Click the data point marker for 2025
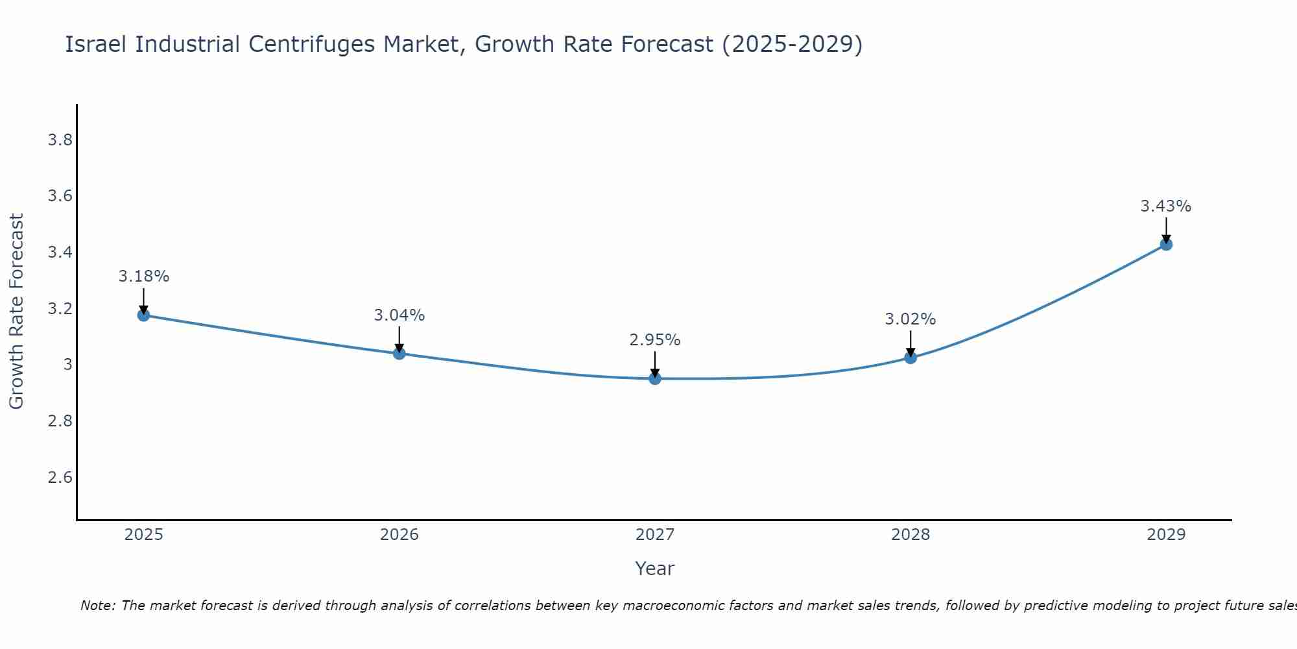pos(143,315)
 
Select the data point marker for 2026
pos(399,354)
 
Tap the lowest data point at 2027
pos(655,378)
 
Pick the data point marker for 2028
pos(910,358)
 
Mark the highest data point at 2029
pos(1166,245)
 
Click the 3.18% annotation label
pos(143,276)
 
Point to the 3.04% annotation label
pos(399,315)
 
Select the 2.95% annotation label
pos(655,340)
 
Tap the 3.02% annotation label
pos(910,319)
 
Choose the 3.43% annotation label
pos(1166,206)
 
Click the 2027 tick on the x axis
pos(655,535)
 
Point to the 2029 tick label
pos(1166,535)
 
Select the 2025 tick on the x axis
pos(143,535)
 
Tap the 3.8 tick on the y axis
pos(60,140)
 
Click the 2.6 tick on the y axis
pos(60,478)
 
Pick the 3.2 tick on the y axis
pos(60,309)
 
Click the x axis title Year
pos(655,569)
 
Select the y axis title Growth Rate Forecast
pos(16,312)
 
